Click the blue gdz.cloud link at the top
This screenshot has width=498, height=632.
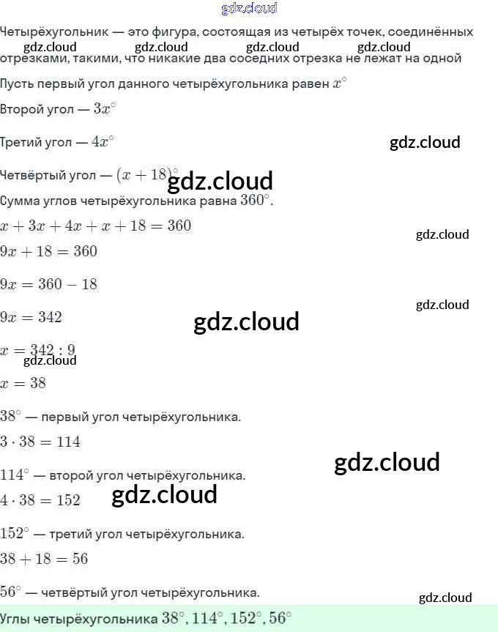tap(249, 9)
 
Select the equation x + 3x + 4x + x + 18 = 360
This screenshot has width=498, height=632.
tap(96, 226)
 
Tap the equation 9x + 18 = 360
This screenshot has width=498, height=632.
tap(48, 251)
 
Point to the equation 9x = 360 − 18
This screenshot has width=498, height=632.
tap(48, 284)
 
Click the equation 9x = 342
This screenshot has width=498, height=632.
tap(31, 317)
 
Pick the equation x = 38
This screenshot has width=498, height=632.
tap(23, 383)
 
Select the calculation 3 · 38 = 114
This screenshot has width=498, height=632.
tap(40, 442)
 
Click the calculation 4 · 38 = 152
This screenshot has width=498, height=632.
tap(40, 500)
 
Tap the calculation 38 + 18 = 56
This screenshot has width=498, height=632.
tap(44, 559)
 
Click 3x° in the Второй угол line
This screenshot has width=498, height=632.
tap(105, 108)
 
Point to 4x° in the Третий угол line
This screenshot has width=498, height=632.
tap(103, 141)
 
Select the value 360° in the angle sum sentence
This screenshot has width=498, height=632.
tap(256, 200)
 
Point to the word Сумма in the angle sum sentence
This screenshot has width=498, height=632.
tap(20, 201)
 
